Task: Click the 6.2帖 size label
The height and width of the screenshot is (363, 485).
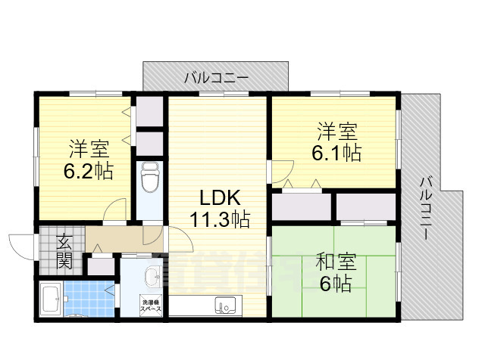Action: click(x=89, y=171)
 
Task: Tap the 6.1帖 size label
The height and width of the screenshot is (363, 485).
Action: click(x=336, y=152)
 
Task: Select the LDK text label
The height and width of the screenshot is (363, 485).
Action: click(x=220, y=198)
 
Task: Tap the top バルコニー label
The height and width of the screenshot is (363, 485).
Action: click(x=216, y=77)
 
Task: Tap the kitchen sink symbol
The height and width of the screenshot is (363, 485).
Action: click(x=226, y=306)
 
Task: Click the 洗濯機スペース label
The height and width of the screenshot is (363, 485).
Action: click(x=150, y=306)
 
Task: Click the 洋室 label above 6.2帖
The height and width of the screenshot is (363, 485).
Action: click(x=89, y=146)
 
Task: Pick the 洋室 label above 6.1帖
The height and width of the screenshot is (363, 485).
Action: click(x=336, y=130)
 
